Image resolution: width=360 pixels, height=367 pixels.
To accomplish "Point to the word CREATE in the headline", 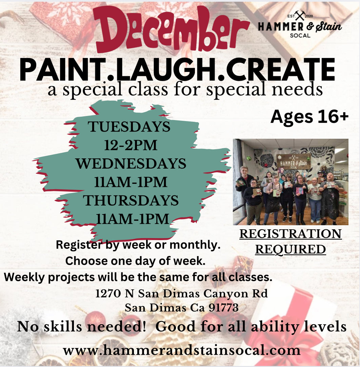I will (x=281, y=70).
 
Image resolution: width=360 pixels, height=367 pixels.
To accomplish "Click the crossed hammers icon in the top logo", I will (x=300, y=15).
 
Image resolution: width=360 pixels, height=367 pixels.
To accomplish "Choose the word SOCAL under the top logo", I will (x=300, y=35).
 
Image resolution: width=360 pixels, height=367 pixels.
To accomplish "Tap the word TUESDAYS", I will (x=129, y=127).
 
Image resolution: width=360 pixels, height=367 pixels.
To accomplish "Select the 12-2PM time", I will (x=131, y=145).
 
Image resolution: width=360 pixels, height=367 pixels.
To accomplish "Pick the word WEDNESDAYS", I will (x=131, y=164).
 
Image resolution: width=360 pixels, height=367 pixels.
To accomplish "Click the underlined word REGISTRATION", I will (x=291, y=234).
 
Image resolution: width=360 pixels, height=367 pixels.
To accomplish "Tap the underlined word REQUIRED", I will (x=291, y=249).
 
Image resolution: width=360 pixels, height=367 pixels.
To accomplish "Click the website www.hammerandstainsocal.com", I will (x=182, y=350).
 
